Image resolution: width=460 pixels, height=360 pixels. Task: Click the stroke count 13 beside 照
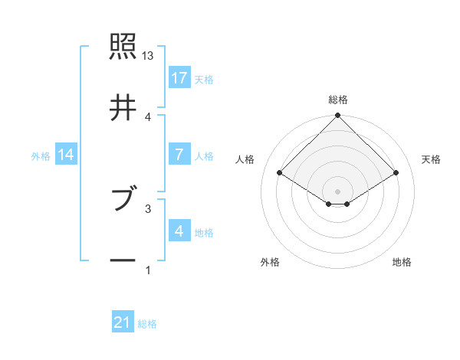coord(148,57)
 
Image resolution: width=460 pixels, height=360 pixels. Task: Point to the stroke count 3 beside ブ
coord(148,208)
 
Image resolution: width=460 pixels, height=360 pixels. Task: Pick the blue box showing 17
coord(179,77)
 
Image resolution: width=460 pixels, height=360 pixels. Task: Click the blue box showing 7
coord(179,155)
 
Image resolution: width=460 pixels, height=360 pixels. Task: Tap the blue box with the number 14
coord(66,155)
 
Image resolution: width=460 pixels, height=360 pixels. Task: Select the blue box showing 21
coord(123,323)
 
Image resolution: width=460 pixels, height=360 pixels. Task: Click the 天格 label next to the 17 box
coord(203,79)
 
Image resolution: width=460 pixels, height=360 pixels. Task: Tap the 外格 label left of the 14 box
coord(41,155)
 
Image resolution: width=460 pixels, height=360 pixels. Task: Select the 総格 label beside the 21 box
coord(147,324)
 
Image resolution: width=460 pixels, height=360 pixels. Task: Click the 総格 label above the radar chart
coord(338,100)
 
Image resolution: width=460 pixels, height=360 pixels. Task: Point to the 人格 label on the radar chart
coord(245,159)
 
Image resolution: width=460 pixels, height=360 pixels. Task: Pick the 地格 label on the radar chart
coord(402,262)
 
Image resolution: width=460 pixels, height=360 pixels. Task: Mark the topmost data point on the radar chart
coord(338,116)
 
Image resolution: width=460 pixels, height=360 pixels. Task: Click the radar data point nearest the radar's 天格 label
coord(396,173)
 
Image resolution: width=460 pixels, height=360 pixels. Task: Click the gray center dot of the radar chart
coord(338,191)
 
